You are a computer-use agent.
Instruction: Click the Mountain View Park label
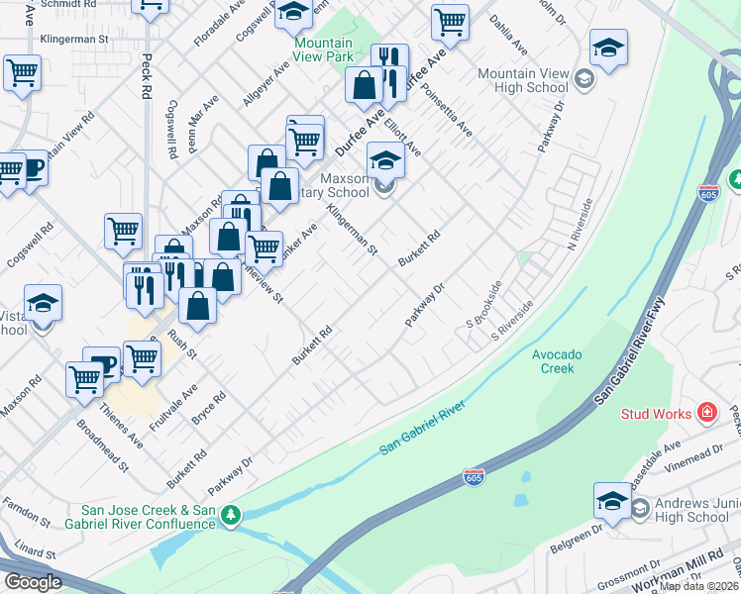(323, 49)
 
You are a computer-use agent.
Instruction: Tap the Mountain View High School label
(522, 81)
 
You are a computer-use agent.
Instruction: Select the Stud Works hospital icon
(707, 412)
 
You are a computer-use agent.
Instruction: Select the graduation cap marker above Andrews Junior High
(612, 501)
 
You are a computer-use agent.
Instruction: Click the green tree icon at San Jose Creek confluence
(231, 515)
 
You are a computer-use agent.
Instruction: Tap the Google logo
(33, 582)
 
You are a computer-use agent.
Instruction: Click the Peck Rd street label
(147, 75)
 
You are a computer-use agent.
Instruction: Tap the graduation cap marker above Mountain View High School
(608, 48)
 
